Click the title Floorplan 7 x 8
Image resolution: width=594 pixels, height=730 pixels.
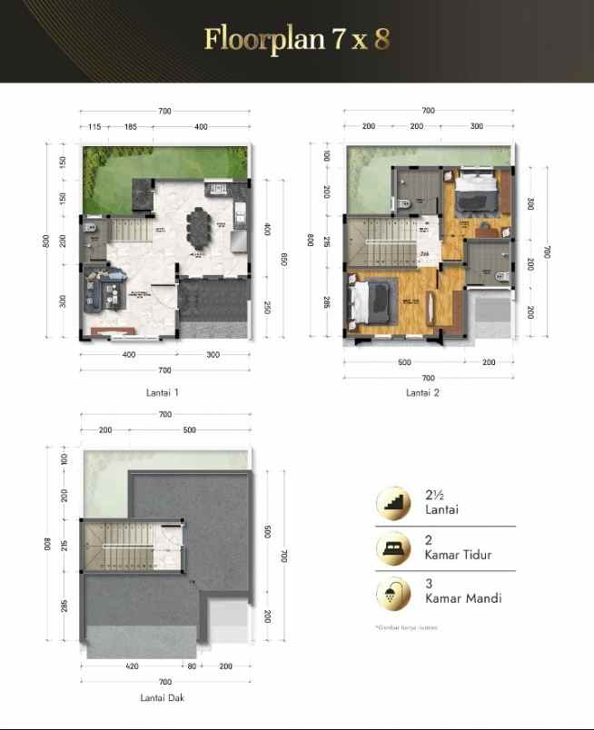coord(297,39)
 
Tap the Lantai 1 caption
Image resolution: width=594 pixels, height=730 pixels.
coord(162,392)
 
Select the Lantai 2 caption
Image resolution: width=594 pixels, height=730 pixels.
coord(422,392)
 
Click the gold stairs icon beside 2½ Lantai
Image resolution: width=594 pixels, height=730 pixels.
coord(393,502)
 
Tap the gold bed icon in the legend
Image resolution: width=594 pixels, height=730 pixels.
coord(393,547)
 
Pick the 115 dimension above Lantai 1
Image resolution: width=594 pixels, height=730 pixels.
coord(94,127)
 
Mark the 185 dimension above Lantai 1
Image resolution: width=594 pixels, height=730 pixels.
coord(131,127)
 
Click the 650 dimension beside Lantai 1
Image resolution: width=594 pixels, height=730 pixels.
coord(284,259)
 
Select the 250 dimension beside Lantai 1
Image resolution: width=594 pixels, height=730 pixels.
coord(266,308)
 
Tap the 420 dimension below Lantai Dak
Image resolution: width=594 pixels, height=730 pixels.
coord(133,666)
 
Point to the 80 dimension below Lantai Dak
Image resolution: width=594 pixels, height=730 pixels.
coord(193,666)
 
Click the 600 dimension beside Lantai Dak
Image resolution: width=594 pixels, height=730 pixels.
coord(266,532)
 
